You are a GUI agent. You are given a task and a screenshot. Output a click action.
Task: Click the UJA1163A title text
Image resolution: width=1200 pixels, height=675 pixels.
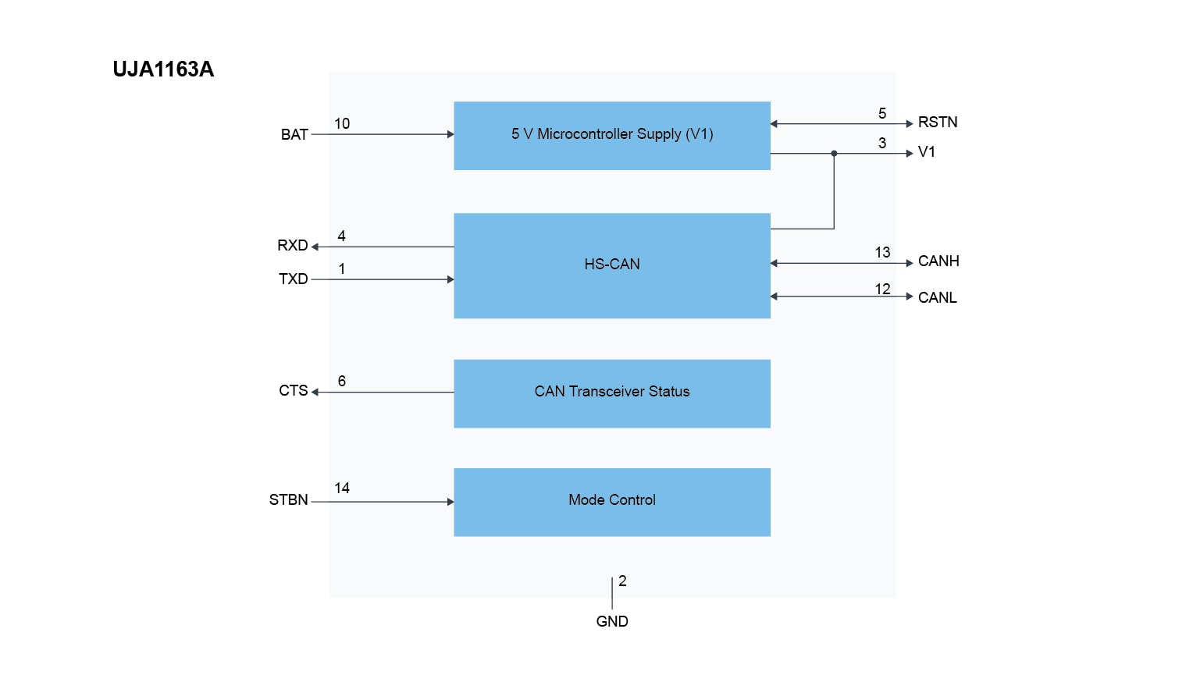[163, 69]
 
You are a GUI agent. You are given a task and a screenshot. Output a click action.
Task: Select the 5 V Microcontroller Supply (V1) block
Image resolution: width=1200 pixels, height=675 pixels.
[611, 135]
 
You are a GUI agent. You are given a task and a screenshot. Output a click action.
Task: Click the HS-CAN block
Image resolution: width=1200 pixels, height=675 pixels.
[611, 265]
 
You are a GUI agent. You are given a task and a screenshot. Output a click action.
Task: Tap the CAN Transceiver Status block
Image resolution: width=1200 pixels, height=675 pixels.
[611, 393]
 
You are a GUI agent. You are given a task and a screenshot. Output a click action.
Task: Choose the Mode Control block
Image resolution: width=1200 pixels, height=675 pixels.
[611, 501]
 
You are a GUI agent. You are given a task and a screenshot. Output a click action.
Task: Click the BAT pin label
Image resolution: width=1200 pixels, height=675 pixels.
[294, 135]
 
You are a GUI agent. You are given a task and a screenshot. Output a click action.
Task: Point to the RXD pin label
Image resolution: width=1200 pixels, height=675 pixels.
[293, 246]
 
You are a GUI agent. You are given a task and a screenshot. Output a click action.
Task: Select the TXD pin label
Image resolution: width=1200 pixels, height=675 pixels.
[294, 279]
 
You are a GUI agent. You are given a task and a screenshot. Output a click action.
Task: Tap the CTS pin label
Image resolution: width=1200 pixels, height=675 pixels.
[294, 391]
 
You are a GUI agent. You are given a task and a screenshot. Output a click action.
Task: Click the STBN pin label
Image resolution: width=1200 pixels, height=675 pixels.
[289, 500]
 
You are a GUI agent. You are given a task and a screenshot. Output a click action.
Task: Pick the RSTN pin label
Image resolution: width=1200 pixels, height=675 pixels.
[938, 123]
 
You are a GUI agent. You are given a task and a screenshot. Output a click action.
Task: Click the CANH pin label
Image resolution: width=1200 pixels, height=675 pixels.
[938, 261]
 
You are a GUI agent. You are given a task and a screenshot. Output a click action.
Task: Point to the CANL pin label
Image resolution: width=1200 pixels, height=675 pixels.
[937, 298]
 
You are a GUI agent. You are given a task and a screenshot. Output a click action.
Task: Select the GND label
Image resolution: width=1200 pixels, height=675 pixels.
[612, 622]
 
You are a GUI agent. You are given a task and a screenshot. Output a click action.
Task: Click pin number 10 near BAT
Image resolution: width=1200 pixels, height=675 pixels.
[342, 124]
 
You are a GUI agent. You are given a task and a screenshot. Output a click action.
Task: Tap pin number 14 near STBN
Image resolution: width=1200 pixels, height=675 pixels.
[342, 488]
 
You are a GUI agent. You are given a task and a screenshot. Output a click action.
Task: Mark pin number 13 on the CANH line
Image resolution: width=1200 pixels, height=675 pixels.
[882, 253]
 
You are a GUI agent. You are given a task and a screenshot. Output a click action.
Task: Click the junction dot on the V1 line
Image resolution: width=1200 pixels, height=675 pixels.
[834, 154]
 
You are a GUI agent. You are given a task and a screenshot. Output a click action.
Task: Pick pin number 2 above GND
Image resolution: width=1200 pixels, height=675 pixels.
[622, 581]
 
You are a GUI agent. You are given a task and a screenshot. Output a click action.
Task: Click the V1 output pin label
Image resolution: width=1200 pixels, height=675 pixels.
[927, 152]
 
